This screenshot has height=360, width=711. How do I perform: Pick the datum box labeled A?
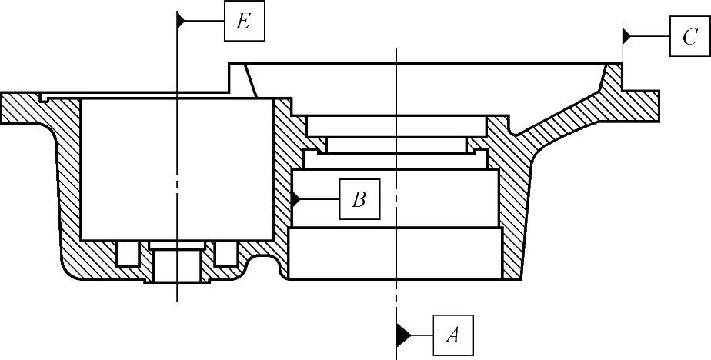(x=453, y=335)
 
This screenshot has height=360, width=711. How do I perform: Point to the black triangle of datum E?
(x=182, y=22)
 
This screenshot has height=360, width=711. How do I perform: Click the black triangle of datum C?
(x=627, y=35)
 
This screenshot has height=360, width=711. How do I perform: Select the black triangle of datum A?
(x=402, y=335)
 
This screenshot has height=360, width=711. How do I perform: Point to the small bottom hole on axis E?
(x=176, y=265)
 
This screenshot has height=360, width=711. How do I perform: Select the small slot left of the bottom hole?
(x=126, y=253)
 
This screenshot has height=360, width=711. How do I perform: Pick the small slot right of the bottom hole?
(x=225, y=253)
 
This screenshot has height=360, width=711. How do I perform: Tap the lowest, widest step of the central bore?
(x=396, y=254)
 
